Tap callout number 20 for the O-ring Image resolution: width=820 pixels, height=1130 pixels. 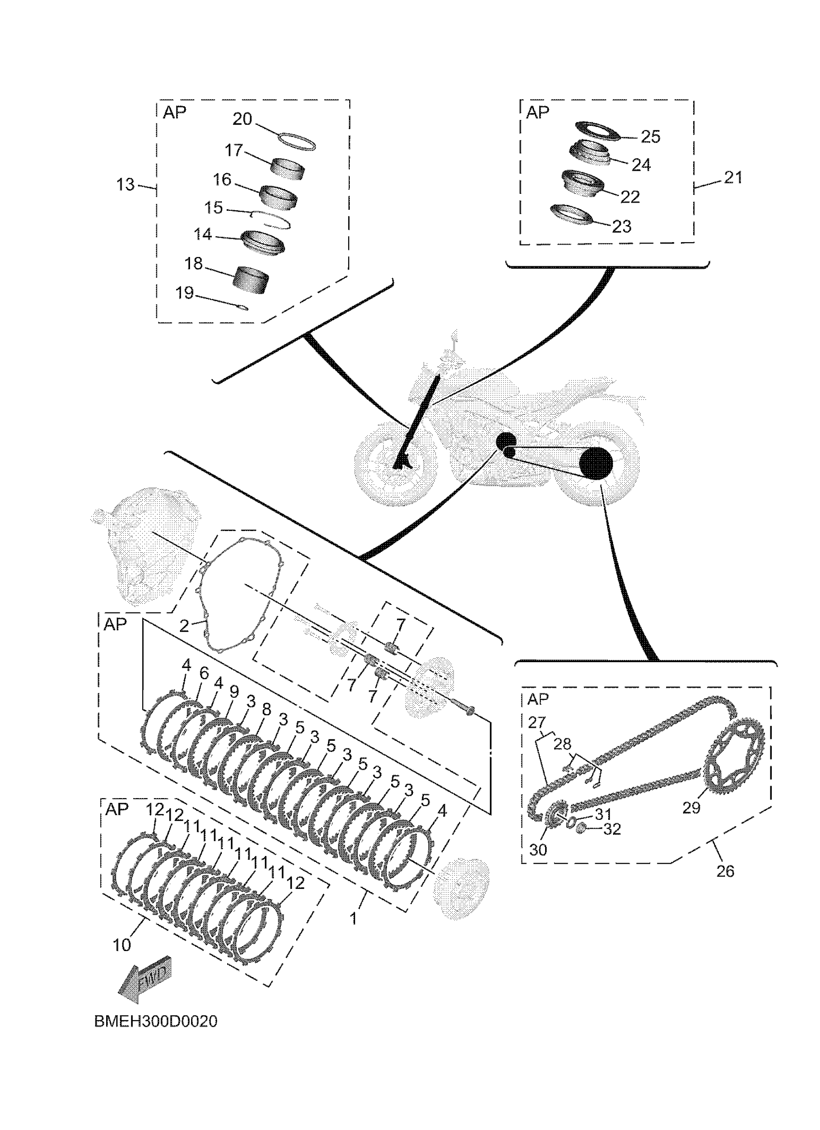coord(243,120)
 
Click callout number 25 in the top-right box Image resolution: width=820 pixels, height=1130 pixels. coord(650,136)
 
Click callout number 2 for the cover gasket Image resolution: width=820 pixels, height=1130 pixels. coord(184,626)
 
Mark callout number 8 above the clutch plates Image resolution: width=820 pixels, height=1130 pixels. coord(267,709)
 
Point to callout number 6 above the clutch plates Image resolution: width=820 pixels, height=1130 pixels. coord(204,674)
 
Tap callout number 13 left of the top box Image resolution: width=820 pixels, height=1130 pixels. coord(125,185)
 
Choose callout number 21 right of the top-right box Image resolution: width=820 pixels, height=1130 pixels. coord(733,177)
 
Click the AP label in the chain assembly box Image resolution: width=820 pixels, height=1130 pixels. coord(537,699)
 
